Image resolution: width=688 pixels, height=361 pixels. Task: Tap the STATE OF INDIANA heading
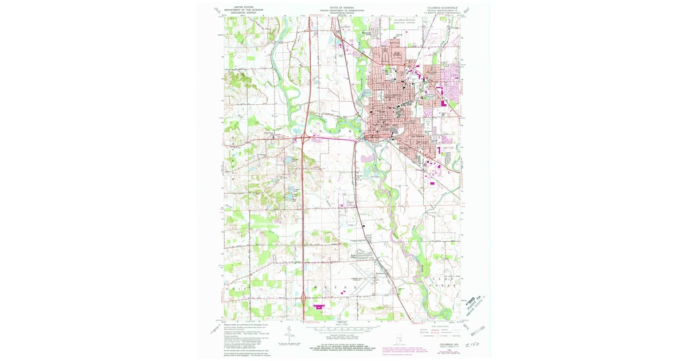342,7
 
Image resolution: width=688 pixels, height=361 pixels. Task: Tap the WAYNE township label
330,285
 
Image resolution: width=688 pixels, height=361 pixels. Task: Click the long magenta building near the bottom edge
317,307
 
